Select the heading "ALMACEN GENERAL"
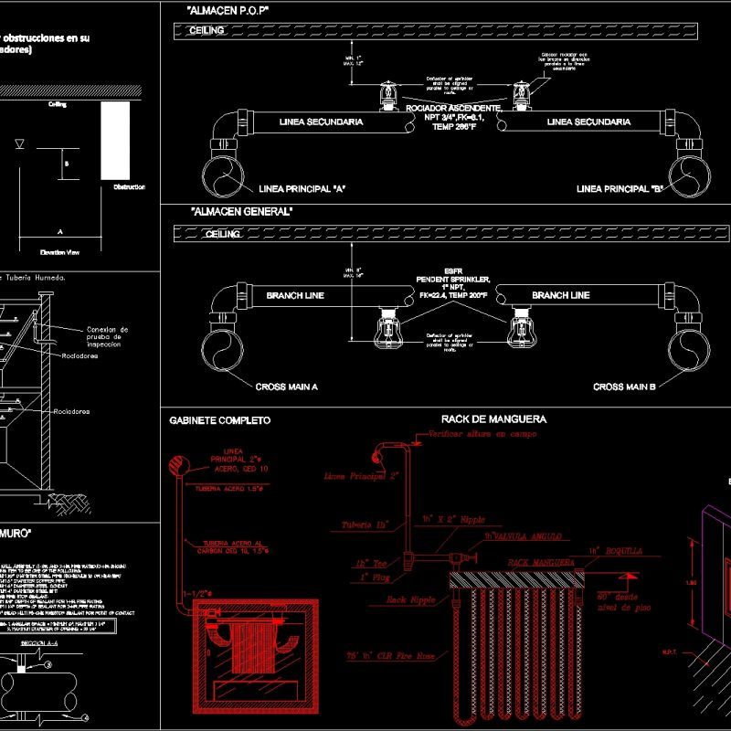242,211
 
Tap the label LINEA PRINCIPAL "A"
302,189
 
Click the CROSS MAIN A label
289,387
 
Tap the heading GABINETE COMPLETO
220,420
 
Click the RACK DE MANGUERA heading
488,418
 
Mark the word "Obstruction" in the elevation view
129,187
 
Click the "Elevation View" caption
60,251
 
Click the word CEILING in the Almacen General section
223,234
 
